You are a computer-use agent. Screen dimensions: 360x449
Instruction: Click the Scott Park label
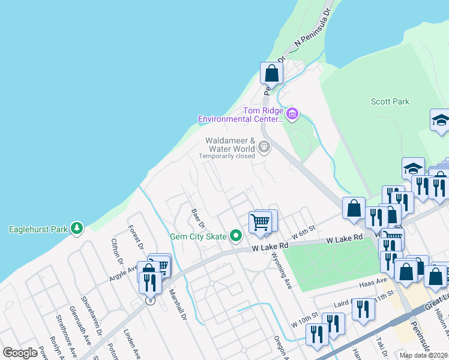click(x=390, y=102)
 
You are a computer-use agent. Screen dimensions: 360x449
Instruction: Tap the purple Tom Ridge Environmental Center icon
click(x=292, y=113)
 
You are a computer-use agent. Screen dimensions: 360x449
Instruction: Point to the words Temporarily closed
click(x=227, y=156)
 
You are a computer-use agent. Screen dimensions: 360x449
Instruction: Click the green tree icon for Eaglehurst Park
click(x=76, y=229)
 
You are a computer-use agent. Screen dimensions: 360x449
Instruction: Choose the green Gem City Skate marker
click(x=236, y=236)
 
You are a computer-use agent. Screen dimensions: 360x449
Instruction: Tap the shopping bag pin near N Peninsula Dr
click(x=271, y=74)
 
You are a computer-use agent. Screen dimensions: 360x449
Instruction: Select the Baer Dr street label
click(x=199, y=218)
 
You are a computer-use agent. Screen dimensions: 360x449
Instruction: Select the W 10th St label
click(x=304, y=320)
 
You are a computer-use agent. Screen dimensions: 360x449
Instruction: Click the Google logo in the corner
click(x=20, y=353)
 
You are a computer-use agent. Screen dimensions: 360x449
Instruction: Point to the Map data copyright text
click(x=423, y=355)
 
